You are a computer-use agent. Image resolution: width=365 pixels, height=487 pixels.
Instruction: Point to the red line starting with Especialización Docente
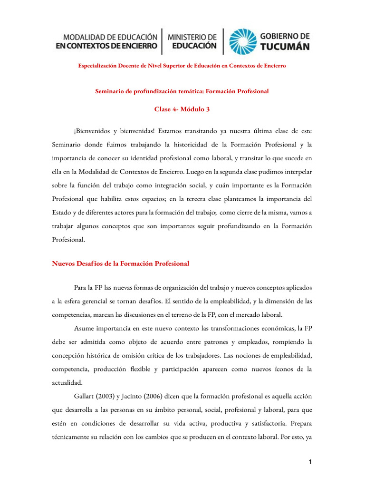pos(182,66)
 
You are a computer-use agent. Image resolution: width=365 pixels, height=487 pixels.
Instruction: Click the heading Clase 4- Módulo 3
pos(182,109)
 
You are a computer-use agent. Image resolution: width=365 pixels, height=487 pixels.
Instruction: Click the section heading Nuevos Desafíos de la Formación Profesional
pos(121,263)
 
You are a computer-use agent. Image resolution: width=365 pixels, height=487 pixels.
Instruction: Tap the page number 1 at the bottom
pos(308,462)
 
